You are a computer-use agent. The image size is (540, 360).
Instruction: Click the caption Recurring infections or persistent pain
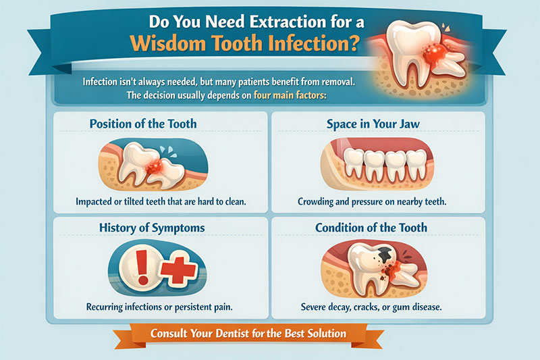157,307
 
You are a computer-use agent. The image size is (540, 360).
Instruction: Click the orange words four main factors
290,95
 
